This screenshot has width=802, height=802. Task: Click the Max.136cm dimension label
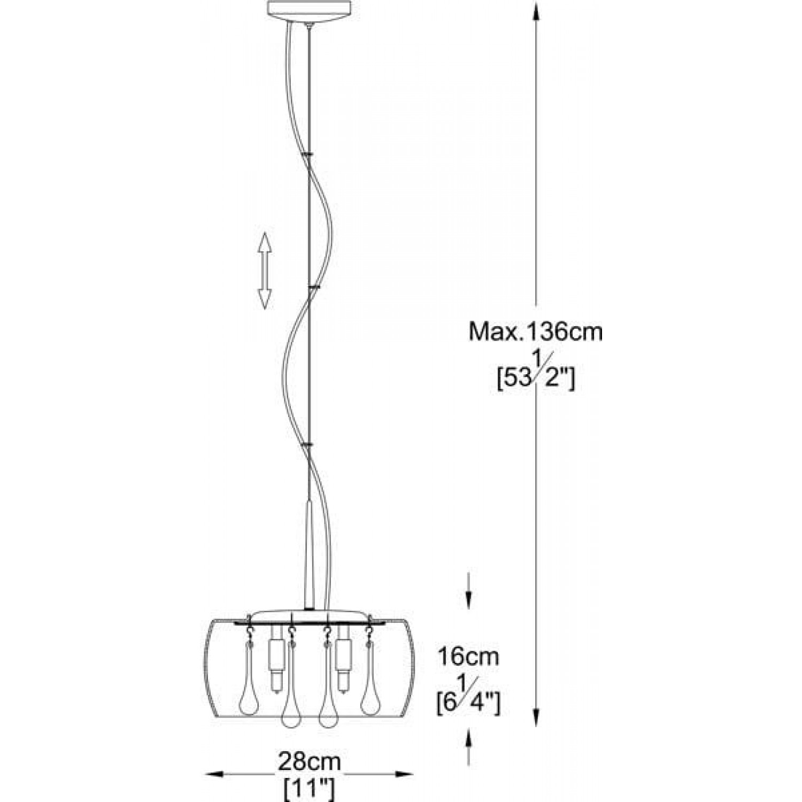pyautogui.click(x=536, y=332)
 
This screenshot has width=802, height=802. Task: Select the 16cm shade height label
pyautogui.click(x=468, y=656)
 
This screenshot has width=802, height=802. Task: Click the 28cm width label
pyautogui.click(x=309, y=761)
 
